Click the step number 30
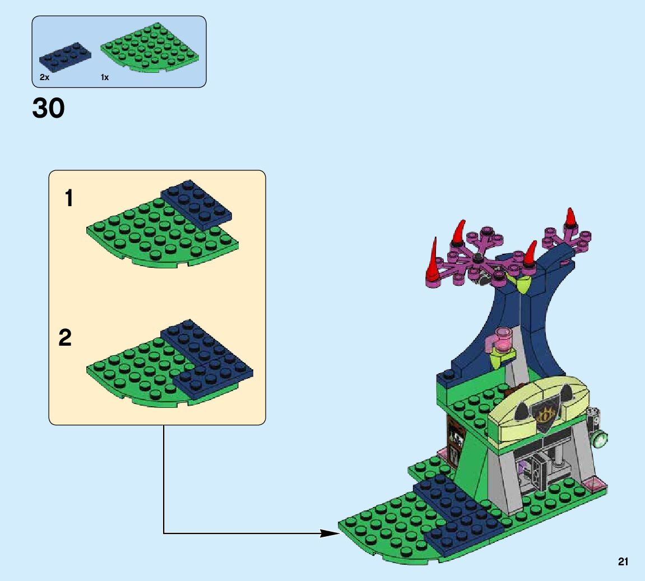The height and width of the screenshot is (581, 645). pyautogui.click(x=49, y=109)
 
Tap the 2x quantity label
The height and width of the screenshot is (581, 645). pyautogui.click(x=44, y=78)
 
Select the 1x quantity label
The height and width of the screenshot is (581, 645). pyautogui.click(x=105, y=78)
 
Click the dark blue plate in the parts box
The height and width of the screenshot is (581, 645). pyautogui.click(x=66, y=55)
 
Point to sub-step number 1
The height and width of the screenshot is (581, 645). pyautogui.click(x=69, y=198)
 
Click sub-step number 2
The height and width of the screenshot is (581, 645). pyautogui.click(x=66, y=338)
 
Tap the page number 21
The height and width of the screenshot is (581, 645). pyautogui.click(x=623, y=561)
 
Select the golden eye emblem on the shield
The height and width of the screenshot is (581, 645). pyautogui.click(x=544, y=415)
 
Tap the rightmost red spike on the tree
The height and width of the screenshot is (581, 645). pyautogui.click(x=571, y=217)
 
